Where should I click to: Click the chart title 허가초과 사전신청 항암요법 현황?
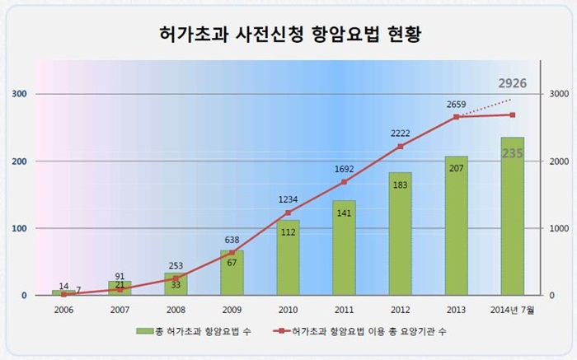click(288, 35)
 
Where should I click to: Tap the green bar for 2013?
click(456, 227)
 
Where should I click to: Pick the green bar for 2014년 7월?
click(512, 218)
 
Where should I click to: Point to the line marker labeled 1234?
click(288, 213)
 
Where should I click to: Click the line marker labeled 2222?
click(400, 147)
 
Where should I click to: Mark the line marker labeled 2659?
click(456, 117)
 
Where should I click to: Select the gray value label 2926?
click(511, 84)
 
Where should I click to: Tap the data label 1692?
click(344, 169)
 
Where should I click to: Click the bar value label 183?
click(400, 184)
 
